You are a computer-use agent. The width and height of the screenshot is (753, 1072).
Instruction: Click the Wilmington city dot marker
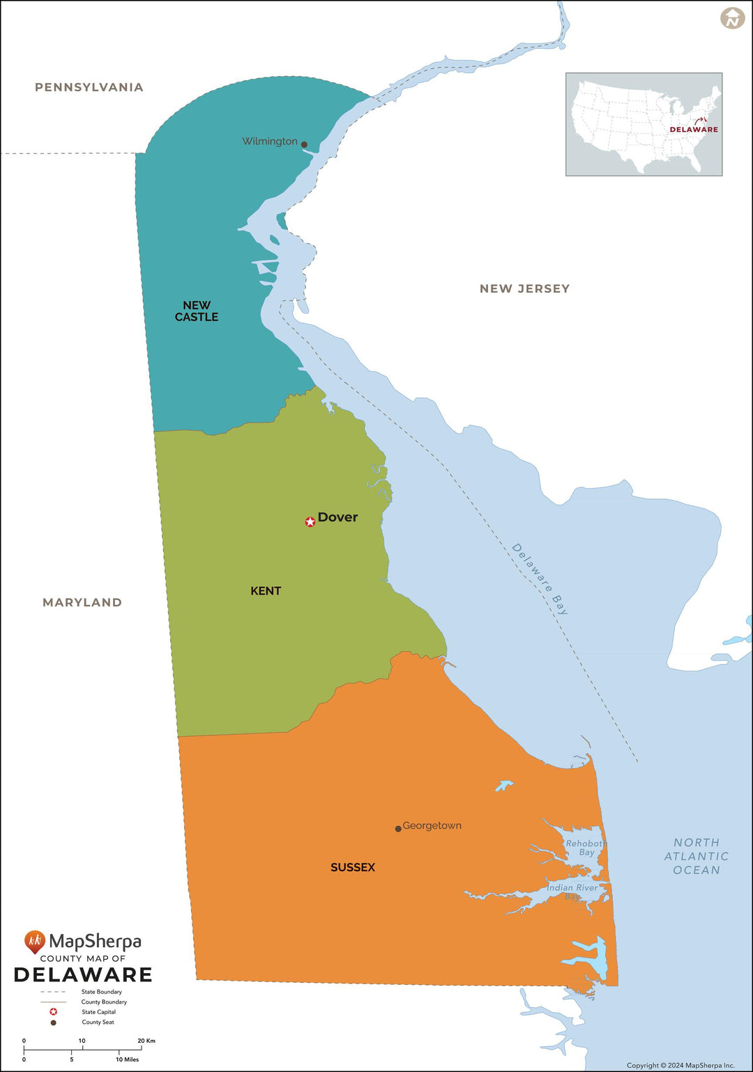pos(304,144)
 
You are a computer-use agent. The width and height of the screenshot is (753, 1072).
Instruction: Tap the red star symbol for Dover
pos(310,521)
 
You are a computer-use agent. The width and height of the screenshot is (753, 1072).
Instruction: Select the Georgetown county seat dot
pos(398,829)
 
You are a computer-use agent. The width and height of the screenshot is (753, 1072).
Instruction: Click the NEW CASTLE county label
pos(197,311)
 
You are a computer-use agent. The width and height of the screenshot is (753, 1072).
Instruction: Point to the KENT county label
pos(266,591)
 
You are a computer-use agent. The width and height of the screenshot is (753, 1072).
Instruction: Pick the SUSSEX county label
pos(353,867)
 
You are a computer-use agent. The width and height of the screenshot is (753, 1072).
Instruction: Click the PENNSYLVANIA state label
pos(89,87)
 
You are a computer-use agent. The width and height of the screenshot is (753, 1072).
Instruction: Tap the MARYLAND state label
pos(82,602)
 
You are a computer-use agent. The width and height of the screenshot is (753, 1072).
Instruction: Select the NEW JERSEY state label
pos(524,289)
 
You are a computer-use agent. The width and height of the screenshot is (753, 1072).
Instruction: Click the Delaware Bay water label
pos(540,579)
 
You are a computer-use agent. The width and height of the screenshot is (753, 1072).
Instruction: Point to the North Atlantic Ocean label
pos(696,856)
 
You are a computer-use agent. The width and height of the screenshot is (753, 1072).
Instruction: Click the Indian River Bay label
pos(572,891)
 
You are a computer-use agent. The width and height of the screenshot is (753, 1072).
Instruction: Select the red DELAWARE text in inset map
pos(694,130)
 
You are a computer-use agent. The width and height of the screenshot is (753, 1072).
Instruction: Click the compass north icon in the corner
pos(732,18)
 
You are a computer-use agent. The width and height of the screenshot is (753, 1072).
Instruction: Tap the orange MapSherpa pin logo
pos(34,942)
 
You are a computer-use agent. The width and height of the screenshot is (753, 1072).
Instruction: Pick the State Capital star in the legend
pos(53,1012)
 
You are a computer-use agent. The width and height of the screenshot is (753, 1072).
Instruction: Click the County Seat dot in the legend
pos(53,1023)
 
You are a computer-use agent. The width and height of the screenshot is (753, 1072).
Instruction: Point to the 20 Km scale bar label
pos(146,1041)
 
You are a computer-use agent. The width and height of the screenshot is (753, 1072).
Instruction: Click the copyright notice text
pos(680,1065)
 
